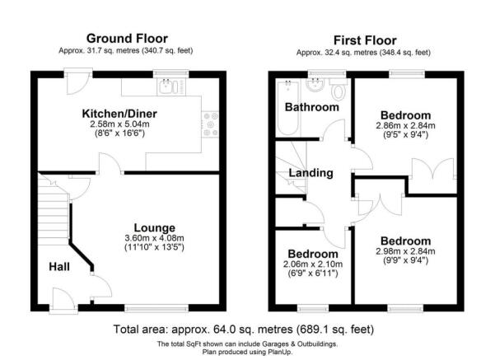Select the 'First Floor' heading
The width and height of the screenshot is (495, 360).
click(365, 40)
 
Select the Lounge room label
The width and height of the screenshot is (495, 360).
click(156, 227)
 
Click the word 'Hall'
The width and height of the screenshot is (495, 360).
click(58, 267)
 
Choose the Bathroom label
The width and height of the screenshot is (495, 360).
click(311, 107)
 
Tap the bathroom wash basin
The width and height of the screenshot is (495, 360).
click(315, 84)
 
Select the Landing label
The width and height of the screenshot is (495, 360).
click(311, 173)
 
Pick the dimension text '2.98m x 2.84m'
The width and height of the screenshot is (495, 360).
click(405, 251)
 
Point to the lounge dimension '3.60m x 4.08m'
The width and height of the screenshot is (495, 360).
click(156, 237)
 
